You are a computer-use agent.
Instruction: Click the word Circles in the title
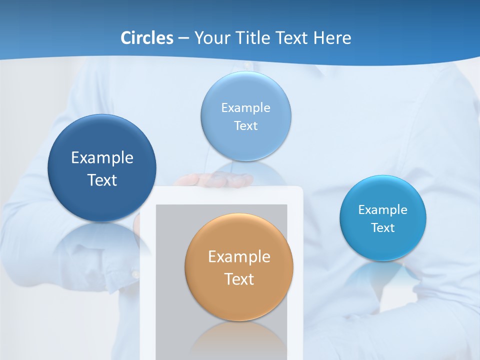147,38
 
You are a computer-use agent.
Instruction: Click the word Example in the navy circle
102,158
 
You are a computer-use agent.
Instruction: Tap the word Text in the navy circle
102,180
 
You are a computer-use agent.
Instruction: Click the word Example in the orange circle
239,257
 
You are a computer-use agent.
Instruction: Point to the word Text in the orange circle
239,279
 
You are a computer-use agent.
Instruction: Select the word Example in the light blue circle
246,108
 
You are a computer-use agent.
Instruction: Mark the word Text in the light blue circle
246,126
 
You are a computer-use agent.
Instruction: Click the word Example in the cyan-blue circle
383,210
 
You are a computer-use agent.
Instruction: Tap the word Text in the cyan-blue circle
383,228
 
